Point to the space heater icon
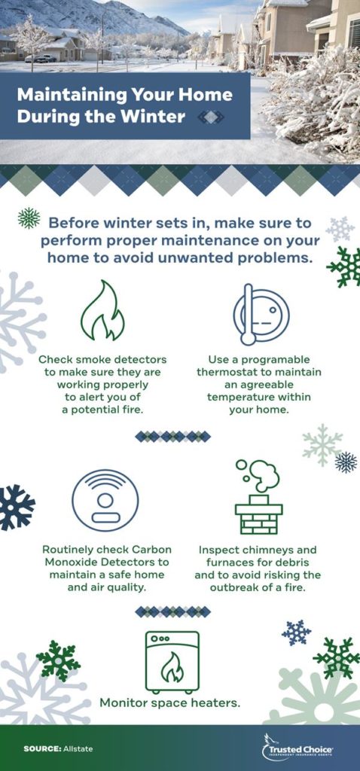pos(172,662)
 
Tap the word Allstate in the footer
pos(78,748)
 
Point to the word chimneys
pos(264,550)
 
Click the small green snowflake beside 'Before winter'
pos(29,218)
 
